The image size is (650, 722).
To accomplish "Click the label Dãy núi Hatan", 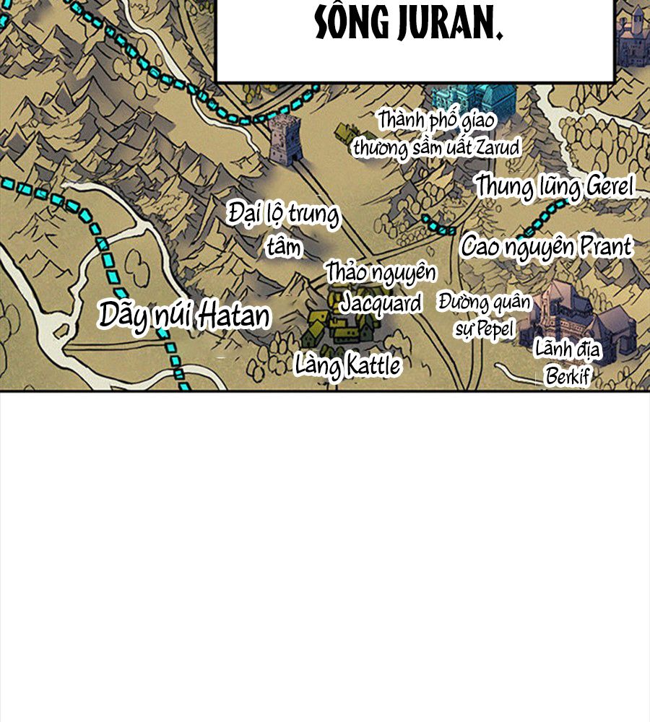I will pos(184,316).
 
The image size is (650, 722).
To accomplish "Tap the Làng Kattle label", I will pos(347,365).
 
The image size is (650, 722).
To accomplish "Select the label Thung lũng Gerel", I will pos(554,186).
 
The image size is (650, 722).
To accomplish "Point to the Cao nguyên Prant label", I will pos(547,247).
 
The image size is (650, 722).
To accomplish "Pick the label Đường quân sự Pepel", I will pos(484,316).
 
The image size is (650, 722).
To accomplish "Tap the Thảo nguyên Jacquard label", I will pos(381,288).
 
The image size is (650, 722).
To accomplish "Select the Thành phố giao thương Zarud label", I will pos(436,134).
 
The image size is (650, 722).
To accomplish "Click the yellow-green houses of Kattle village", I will pos(339,321).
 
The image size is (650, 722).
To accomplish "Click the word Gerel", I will pos(607,186).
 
